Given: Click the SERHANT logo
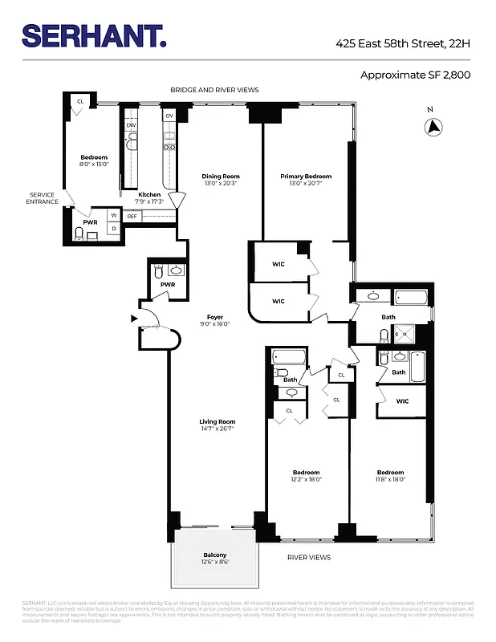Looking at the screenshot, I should click(x=94, y=35).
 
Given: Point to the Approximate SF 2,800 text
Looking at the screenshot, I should click(x=416, y=75).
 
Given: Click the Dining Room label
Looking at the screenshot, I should click(x=220, y=177).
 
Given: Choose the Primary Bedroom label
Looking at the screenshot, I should click(x=305, y=177).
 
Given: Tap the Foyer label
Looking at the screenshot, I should click(x=214, y=317).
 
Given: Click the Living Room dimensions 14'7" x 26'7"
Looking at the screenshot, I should click(x=218, y=429).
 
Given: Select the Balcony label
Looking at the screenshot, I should click(x=214, y=555).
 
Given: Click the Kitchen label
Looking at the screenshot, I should click(x=149, y=195).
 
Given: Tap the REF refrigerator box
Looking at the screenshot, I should click(x=132, y=216).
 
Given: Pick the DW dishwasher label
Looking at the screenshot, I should click(x=131, y=125).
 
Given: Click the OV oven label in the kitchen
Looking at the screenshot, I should click(x=169, y=116).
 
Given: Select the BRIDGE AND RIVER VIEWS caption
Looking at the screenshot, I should click(x=213, y=90).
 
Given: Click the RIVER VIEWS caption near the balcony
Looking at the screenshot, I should click(x=309, y=557).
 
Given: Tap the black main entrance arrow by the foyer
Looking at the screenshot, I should click(x=134, y=319).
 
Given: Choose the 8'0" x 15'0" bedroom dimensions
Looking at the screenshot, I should click(x=94, y=165).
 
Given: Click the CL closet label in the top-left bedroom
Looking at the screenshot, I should click(x=80, y=101).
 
